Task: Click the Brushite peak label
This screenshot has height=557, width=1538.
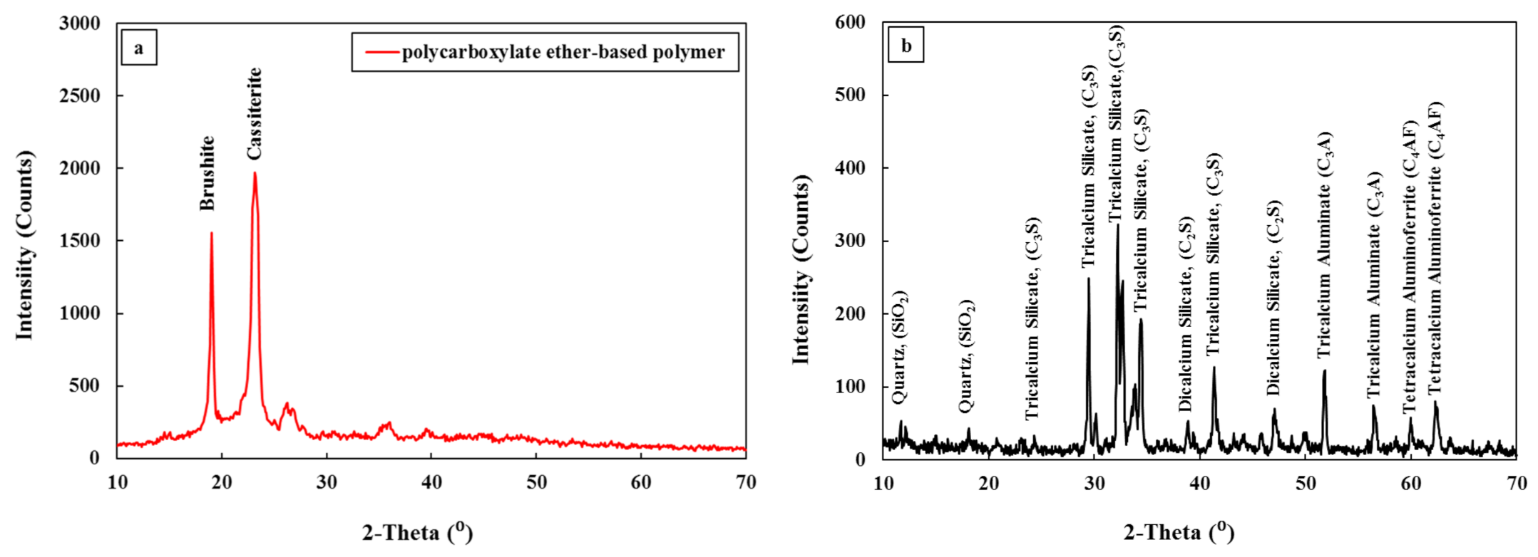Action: pyautogui.click(x=207, y=173)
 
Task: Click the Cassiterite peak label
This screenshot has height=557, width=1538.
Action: pyautogui.click(x=255, y=114)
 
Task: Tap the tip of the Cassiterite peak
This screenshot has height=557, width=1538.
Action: pyautogui.click(x=255, y=173)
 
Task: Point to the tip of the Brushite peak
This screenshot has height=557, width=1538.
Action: pyautogui.click(x=211, y=233)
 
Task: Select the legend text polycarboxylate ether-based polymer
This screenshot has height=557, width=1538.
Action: pyautogui.click(x=563, y=52)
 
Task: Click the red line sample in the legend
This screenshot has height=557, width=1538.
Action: pyautogui.click(x=382, y=52)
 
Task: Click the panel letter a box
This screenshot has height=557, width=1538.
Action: pyautogui.click(x=138, y=48)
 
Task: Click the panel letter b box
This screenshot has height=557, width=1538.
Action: pyautogui.click(x=906, y=46)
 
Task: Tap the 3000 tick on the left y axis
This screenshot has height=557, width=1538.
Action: pyautogui.click(x=80, y=24)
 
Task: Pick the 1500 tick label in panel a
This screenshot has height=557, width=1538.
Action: pyautogui.click(x=80, y=241)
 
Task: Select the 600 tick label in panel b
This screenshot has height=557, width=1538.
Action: pyautogui.click(x=850, y=22)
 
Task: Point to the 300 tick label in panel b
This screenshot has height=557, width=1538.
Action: pyautogui.click(x=850, y=241)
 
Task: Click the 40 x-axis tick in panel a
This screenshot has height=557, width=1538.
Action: pyautogui.click(x=431, y=482)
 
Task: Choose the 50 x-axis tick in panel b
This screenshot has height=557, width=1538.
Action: pyautogui.click(x=1306, y=483)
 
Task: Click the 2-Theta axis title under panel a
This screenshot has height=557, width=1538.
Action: pyautogui.click(x=418, y=532)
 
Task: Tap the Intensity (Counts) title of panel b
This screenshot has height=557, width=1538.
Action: pyautogui.click(x=801, y=269)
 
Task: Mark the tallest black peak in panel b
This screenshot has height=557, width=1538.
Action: pyautogui.click(x=1117, y=226)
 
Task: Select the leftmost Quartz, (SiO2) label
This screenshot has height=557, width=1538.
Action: pyautogui.click(x=900, y=347)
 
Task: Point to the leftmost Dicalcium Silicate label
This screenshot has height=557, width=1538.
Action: pyautogui.click(x=1185, y=315)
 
